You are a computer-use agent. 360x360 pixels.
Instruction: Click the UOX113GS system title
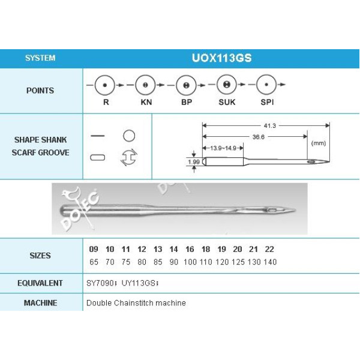pos(221,58)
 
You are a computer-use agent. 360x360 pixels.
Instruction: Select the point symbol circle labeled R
pos(104,85)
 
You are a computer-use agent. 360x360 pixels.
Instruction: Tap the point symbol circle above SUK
pos(227,85)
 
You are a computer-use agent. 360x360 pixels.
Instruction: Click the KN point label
pos(146,102)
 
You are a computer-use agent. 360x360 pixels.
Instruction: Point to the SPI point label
pos(267,102)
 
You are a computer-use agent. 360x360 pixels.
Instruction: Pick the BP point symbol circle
pos(186,85)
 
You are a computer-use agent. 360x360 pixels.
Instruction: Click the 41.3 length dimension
pos(270,126)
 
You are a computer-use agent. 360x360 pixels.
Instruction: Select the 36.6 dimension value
pos(258,137)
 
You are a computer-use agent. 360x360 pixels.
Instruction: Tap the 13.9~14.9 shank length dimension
pos(223,148)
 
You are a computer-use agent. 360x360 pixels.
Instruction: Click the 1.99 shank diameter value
pos(194,162)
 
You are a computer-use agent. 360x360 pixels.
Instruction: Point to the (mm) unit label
pos(319,143)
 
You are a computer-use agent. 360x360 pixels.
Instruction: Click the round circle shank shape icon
pos(129,136)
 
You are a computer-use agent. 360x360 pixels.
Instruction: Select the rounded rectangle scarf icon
pos(98,157)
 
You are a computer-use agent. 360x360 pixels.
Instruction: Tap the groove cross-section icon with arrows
pos(129,157)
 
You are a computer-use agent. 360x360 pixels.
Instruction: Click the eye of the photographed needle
pos(272,210)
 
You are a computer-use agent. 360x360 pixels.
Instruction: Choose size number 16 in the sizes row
pos(190,250)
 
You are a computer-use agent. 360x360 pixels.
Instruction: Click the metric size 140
pos(270,262)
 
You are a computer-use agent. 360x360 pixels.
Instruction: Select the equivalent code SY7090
pos(100,283)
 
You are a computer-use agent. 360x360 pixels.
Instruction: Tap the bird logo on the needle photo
pos(71,194)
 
